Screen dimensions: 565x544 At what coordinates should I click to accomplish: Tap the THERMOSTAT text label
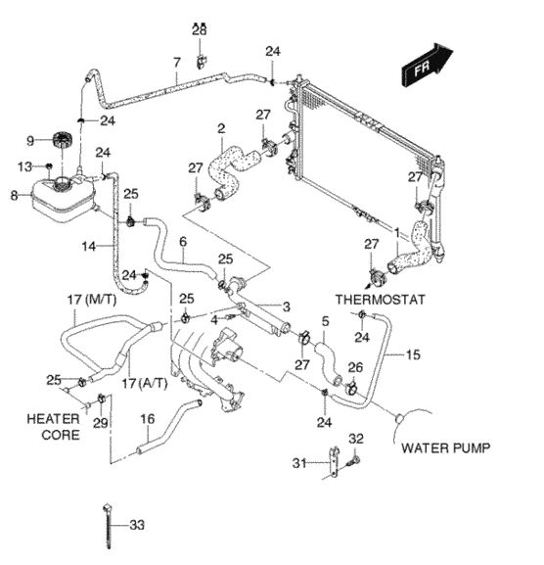pos(381,299)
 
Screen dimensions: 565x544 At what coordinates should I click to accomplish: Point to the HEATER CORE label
pos(54,425)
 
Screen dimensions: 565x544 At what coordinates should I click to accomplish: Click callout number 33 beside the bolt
pos(136,525)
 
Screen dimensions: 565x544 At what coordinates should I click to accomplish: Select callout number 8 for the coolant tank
pos(13,196)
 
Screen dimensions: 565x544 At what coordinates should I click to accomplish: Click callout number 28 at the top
pos(199,31)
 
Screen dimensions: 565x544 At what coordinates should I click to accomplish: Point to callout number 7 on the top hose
pos(176,63)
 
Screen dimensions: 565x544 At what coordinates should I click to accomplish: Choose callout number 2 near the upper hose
pos(221,128)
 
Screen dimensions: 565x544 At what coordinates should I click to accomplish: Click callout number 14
pos(88,247)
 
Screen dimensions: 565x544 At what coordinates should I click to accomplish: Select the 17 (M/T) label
pos(88,298)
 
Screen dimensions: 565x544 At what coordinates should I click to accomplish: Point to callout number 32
pos(356,438)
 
